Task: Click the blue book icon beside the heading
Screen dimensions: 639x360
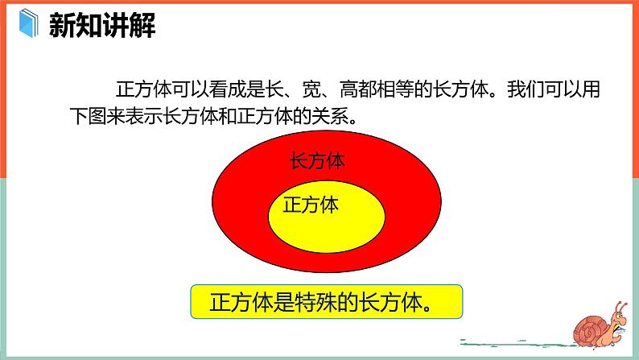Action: [x=28, y=23]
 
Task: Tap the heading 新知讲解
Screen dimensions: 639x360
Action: [x=102, y=25]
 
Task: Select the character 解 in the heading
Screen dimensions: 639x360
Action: [x=142, y=25]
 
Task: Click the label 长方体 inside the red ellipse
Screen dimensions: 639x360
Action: [x=317, y=160]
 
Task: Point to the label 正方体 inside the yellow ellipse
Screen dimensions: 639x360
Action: [x=311, y=205]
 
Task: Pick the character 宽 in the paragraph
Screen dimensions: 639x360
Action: [x=311, y=89]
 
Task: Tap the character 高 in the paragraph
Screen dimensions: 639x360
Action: [x=348, y=89]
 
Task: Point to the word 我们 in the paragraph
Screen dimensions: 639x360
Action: [x=526, y=89]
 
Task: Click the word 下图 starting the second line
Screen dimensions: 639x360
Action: [x=88, y=116]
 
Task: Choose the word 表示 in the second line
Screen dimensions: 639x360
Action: [x=144, y=116]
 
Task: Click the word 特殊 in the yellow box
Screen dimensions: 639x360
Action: [x=316, y=302]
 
